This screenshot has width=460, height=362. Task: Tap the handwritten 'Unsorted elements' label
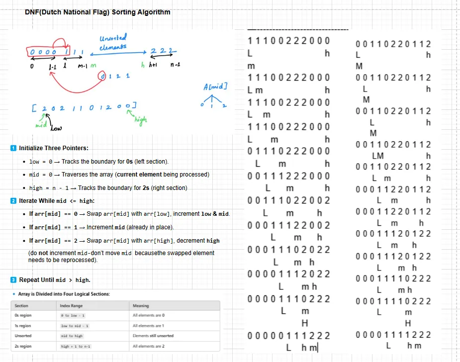coord(113,42)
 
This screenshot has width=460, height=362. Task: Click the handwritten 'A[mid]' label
coord(215,87)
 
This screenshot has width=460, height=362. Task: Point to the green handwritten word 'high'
coord(141,120)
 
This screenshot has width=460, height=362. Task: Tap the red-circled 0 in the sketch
coord(103,76)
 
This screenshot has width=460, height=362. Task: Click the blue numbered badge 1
coord(13,148)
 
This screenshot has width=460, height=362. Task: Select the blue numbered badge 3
coord(13,280)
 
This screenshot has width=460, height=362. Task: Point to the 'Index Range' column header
coord(71,306)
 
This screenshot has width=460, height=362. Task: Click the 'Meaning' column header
coord(141,306)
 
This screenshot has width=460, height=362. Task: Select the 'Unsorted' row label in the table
coord(23,336)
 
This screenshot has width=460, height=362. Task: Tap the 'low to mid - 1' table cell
coord(74,326)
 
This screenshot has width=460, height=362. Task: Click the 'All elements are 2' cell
coord(148,346)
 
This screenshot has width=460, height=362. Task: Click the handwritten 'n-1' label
coord(175,65)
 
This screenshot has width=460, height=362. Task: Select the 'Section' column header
coord(21,306)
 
